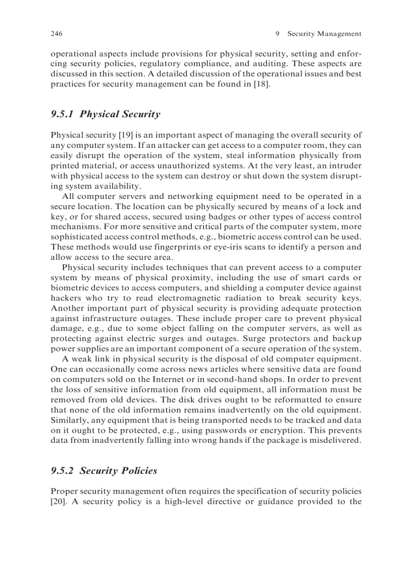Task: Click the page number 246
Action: (56, 34)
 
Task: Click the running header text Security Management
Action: (324, 34)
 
